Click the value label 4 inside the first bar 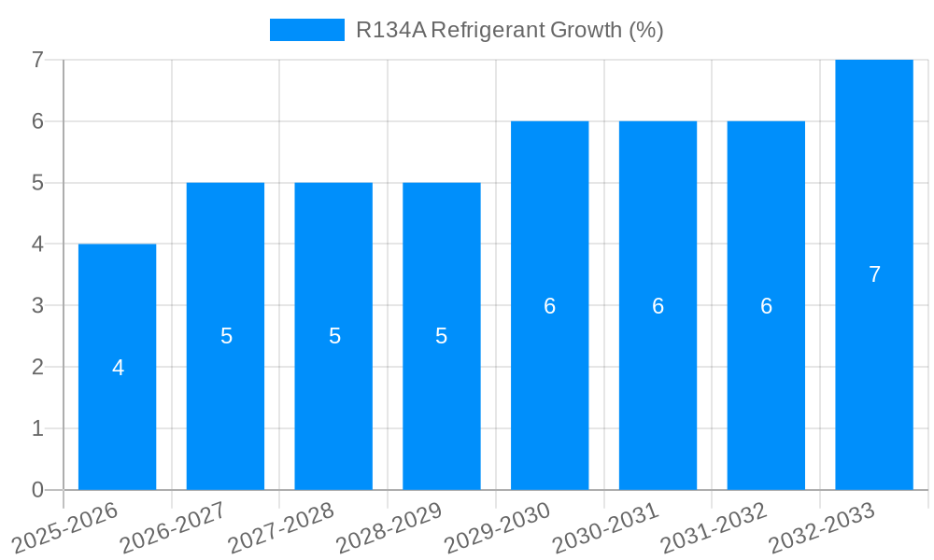(x=118, y=368)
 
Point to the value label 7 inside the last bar (x=874, y=274)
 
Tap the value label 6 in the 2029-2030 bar (x=550, y=306)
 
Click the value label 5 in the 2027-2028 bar (x=334, y=336)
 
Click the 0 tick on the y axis (x=37, y=490)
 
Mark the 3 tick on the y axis (x=37, y=306)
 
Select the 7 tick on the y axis (x=37, y=60)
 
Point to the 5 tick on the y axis (x=37, y=183)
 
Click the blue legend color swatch (x=306, y=30)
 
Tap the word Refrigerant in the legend (x=488, y=30)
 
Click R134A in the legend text (x=390, y=30)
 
